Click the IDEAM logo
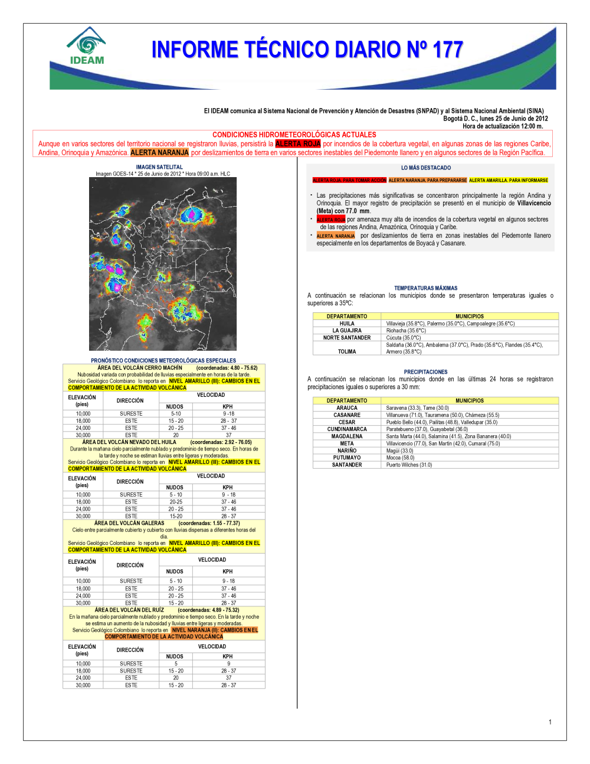coord(87,45)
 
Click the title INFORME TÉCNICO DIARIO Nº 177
coord(307,50)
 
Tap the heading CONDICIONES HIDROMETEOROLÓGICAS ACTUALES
coord(294,135)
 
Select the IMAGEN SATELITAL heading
coord(159,167)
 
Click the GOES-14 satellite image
coord(163,264)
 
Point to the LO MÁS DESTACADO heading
coord(426,168)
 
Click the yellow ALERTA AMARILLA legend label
coord(509,180)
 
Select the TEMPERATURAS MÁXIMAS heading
coord(425,288)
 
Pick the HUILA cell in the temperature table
coord(347,324)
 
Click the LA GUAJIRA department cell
coord(347,331)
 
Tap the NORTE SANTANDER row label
coord(347,338)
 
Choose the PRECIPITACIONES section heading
coord(425,372)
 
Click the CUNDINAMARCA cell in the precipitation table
coord(347,429)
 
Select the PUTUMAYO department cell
coord(347,458)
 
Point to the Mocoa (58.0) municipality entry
coord(400,458)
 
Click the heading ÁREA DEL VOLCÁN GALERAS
coord(129,523)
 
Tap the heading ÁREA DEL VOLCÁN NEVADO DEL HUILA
coord(129,442)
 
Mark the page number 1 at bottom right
coord(550,722)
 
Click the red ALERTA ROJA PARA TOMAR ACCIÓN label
coord(349,180)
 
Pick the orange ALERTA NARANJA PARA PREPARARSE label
coord(428,180)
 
